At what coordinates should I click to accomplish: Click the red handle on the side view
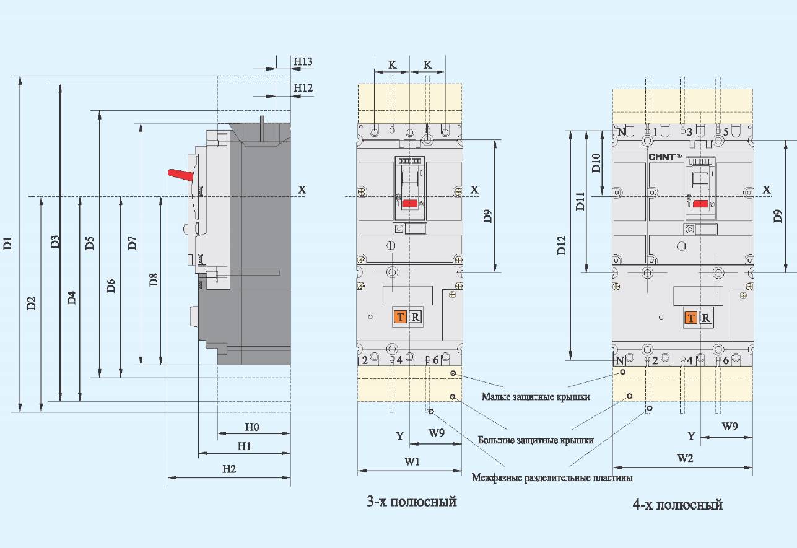[181, 175]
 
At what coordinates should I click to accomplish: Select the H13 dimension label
[303, 61]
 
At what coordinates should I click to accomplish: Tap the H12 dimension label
[303, 87]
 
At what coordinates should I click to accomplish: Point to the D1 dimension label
[7, 243]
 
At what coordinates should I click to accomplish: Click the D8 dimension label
[154, 280]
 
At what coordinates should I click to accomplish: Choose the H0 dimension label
[252, 427]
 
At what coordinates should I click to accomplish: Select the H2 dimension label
[229, 469]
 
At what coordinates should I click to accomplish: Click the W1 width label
[412, 461]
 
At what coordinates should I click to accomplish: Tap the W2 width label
[685, 458]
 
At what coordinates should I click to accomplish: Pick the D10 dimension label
[596, 163]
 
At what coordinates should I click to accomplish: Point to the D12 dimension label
[562, 245]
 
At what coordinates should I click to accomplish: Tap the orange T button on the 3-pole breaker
[400, 316]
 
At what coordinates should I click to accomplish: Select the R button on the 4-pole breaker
[706, 318]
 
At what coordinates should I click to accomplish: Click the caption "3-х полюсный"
[412, 502]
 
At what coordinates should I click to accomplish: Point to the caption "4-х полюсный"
[678, 505]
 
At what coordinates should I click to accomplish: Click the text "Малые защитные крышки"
[536, 397]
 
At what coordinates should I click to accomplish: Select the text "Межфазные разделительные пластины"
[552, 477]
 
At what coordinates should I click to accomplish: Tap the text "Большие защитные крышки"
[536, 440]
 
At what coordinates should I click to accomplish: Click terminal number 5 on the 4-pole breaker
[726, 132]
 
